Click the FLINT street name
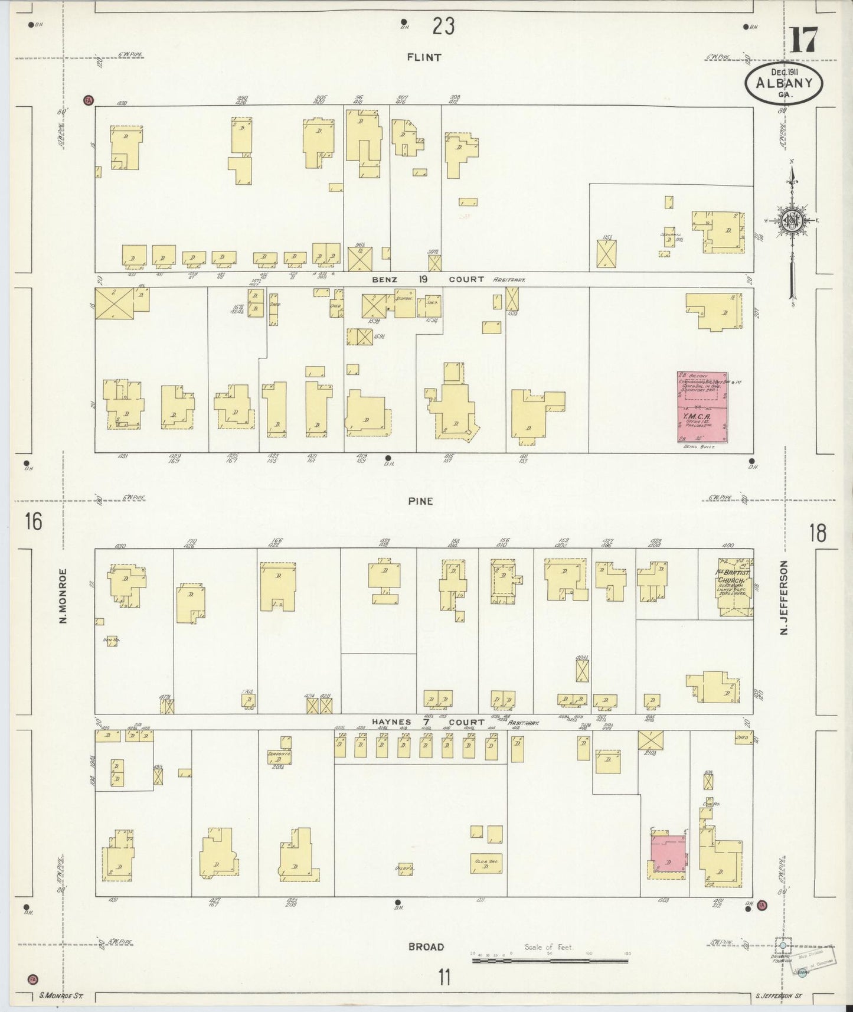423,57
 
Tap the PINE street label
420,501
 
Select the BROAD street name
426,946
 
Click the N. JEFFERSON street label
785,598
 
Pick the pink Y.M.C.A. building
702,407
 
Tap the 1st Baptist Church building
735,587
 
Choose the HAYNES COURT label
427,722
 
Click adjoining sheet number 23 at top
443,26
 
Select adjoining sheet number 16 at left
33,522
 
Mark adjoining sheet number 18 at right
818,533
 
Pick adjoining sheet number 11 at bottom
443,977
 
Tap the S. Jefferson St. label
779,996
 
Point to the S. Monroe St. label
61,996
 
